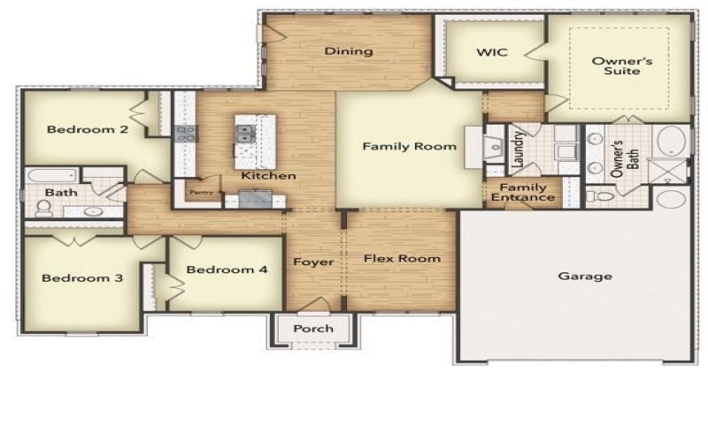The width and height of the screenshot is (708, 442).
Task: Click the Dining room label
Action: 348,51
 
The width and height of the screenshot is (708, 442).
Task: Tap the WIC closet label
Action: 491,52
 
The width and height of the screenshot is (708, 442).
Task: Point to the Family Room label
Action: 409,147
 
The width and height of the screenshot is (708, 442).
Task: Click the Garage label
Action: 584,276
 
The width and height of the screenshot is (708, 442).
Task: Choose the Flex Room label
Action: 403,259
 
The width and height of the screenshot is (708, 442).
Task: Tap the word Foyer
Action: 313,262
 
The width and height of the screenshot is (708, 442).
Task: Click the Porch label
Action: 313,329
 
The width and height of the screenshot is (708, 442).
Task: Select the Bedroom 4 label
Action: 227,270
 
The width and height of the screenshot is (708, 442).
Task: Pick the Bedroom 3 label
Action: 82,278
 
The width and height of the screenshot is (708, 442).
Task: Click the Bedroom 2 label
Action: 88,130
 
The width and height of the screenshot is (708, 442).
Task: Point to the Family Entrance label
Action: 522,193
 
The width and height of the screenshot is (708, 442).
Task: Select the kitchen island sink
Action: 244,134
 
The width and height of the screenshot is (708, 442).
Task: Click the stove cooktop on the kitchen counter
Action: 186,134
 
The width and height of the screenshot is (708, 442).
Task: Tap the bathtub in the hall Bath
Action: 51,175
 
